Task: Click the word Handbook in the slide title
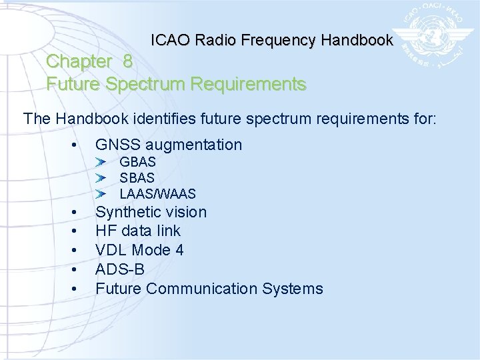pyautogui.click(x=357, y=40)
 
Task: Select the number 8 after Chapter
pyautogui.click(x=127, y=61)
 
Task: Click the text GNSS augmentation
pyautogui.click(x=169, y=145)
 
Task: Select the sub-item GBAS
pyautogui.click(x=137, y=162)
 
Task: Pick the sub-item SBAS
pyautogui.click(x=137, y=178)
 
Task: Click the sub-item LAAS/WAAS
pyautogui.click(x=157, y=194)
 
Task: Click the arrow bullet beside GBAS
pyautogui.click(x=100, y=162)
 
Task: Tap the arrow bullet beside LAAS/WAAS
pyautogui.click(x=100, y=194)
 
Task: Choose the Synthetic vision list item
pyautogui.click(x=151, y=212)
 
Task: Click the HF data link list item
pyautogui.click(x=138, y=231)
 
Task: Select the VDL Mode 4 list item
pyautogui.click(x=139, y=250)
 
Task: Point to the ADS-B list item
pyautogui.click(x=120, y=269)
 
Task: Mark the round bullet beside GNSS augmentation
pyautogui.click(x=78, y=145)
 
